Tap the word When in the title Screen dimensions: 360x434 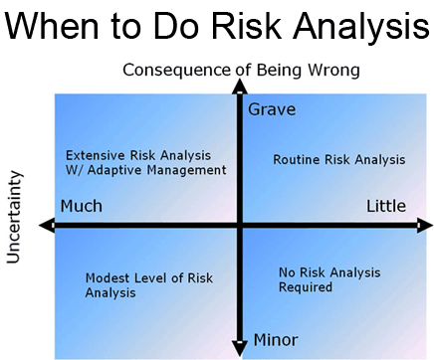(x=66, y=27)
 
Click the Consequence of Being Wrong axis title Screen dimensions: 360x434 (x=240, y=70)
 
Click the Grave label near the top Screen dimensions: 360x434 (x=271, y=109)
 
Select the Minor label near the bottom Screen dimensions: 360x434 (x=275, y=339)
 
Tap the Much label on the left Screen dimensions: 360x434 (x=82, y=206)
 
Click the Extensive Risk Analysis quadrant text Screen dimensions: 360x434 (x=145, y=162)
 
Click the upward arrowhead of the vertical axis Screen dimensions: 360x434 (x=239, y=88)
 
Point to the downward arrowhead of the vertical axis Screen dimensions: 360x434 (x=239, y=347)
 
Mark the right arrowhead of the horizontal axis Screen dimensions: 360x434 (x=423, y=226)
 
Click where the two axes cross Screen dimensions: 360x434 (x=239, y=226)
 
